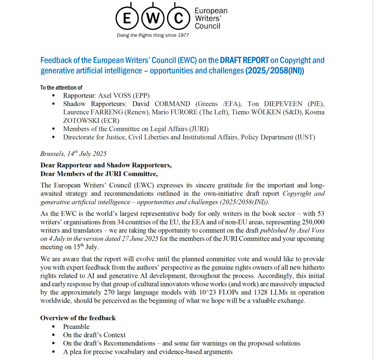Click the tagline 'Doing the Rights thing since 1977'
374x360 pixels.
pos(153,35)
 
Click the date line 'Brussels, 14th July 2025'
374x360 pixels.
pos(73,154)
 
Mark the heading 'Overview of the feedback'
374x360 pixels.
pos(78,318)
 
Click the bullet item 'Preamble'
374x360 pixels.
pos(76,327)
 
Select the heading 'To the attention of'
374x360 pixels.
pos(61,88)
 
